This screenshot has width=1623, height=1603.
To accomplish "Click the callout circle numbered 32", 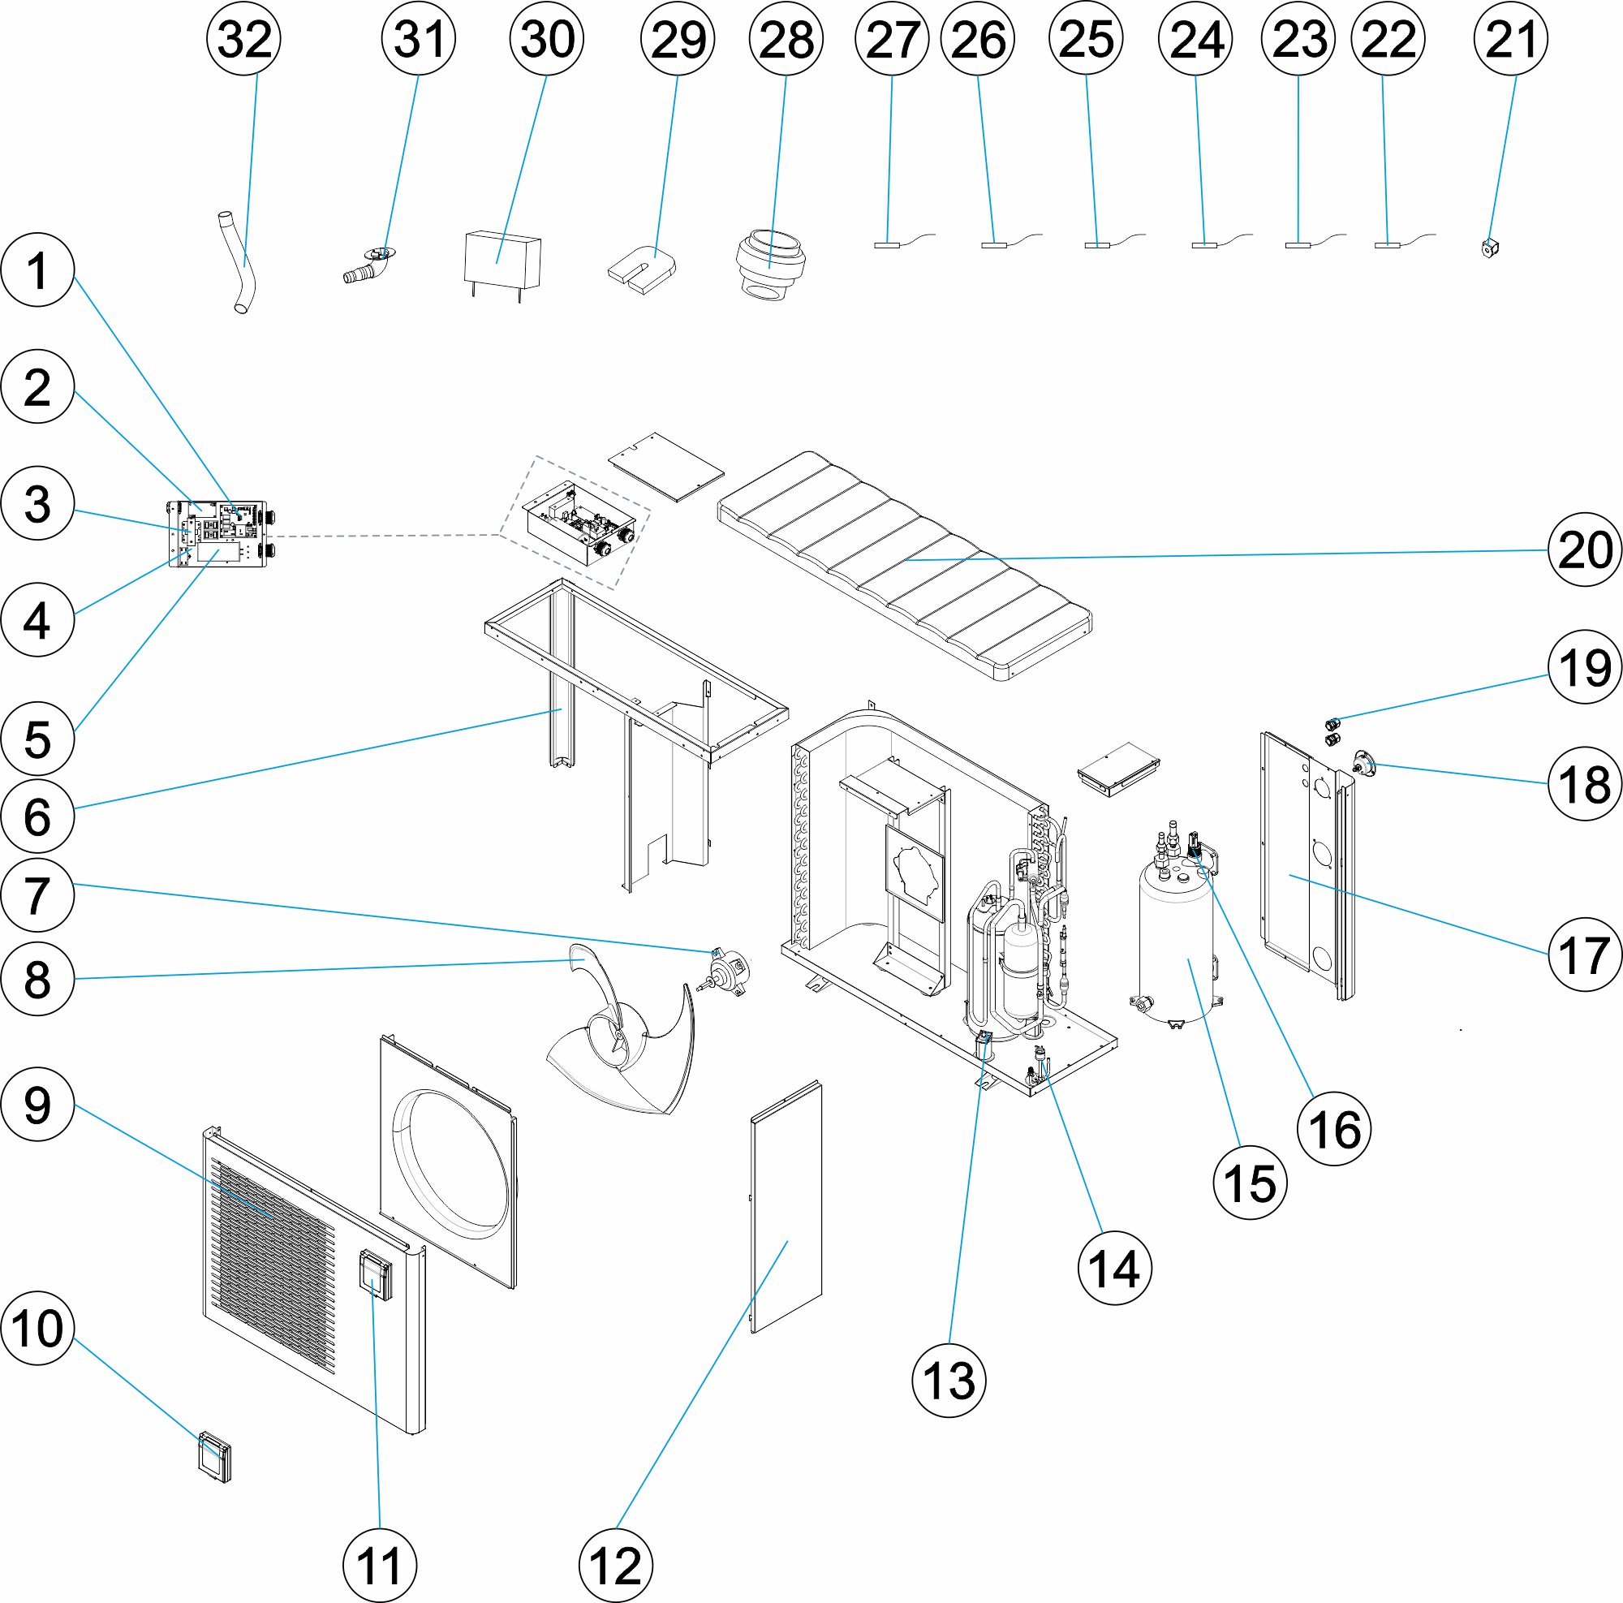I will point(243,39).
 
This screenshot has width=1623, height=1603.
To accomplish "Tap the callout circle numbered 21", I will point(1510,39).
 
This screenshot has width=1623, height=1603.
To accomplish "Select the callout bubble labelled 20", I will point(1585,549).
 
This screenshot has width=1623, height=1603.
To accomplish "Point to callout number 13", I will point(949,1381).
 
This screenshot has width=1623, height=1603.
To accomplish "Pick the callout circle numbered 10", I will point(38,1329).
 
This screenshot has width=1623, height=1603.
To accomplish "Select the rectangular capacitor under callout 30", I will point(502,259).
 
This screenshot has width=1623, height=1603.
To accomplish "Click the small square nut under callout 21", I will point(1491,247).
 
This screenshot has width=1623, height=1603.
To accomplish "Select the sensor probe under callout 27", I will point(887,244).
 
